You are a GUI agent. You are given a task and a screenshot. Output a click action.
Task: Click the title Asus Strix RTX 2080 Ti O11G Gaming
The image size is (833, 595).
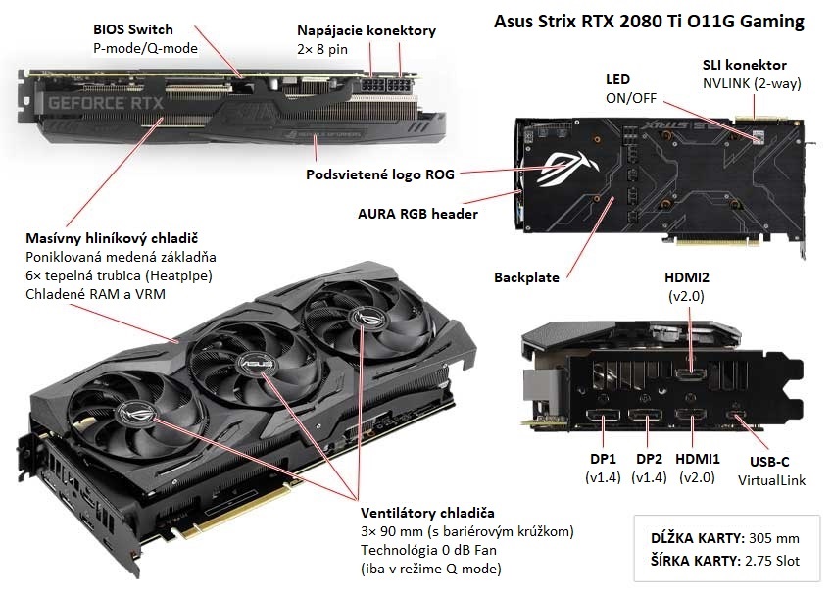(650, 20)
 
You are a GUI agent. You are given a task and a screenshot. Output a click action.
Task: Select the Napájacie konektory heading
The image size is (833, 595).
(366, 30)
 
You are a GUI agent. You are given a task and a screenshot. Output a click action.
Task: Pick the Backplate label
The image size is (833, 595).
(526, 277)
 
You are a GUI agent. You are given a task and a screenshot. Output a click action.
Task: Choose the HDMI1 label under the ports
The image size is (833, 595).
(698, 459)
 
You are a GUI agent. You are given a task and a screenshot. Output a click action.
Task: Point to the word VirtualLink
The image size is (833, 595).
(771, 480)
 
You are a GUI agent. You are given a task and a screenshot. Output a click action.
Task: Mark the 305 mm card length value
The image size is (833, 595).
(773, 538)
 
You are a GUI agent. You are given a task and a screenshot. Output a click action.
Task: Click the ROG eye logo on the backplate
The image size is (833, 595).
(564, 165)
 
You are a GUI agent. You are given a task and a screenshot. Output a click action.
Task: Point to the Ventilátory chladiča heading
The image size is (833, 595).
(427, 513)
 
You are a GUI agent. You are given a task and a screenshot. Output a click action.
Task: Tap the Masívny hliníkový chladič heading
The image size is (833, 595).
(113, 238)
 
